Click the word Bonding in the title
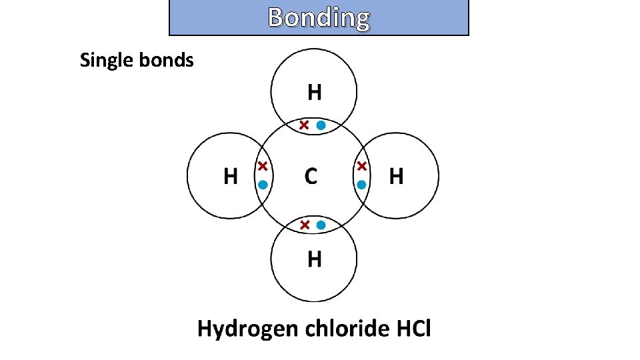(x=319, y=18)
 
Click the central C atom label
(x=311, y=177)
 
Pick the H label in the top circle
(x=314, y=92)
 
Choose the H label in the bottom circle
(x=314, y=259)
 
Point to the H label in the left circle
(x=230, y=177)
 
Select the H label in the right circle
(x=396, y=177)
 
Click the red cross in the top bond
(x=304, y=125)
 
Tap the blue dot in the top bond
(x=321, y=125)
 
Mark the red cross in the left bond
(x=263, y=165)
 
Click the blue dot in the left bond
(x=263, y=185)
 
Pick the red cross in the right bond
(x=361, y=165)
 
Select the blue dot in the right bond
(x=361, y=185)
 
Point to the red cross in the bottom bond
(x=304, y=225)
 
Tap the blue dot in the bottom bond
(x=321, y=225)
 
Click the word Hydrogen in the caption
(x=247, y=329)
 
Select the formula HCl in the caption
(x=414, y=329)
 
